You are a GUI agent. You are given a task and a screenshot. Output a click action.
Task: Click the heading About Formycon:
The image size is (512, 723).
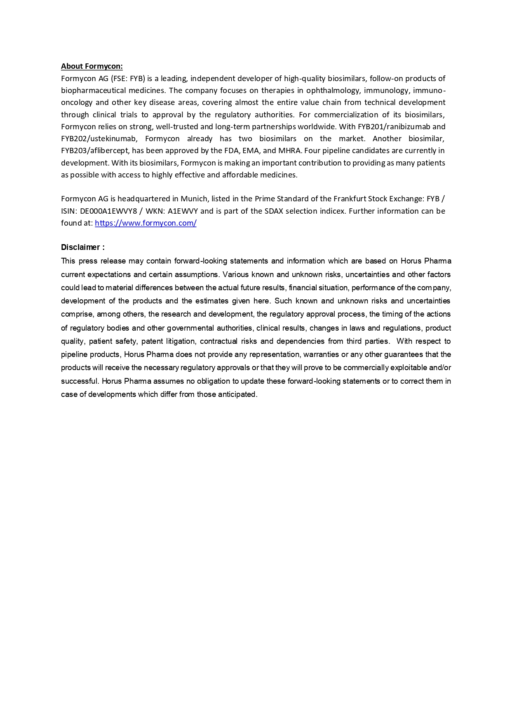[92, 66]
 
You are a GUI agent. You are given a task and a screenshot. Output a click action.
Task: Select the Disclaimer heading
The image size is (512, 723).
[82, 247]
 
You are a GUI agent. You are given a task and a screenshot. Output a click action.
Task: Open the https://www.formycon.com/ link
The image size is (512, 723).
[146, 223]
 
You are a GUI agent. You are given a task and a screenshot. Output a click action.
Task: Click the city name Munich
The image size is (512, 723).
[194, 199]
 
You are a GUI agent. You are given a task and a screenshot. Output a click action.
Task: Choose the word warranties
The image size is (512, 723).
[321, 355]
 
